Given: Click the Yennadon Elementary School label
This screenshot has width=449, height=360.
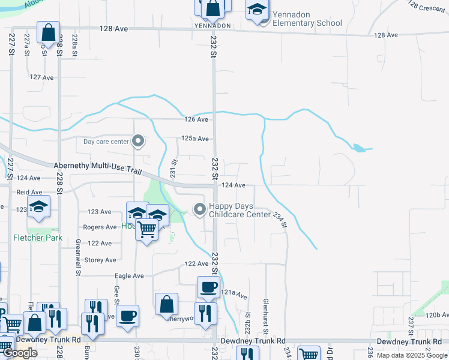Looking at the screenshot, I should coord(307,19).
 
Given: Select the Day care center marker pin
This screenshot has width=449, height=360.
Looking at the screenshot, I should coord(138,142).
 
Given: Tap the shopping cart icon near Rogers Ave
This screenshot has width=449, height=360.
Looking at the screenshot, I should coord(147,229).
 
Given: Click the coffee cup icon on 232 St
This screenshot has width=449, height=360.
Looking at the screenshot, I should coord(208,287).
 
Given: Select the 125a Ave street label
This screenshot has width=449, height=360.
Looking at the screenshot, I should coord(195,139).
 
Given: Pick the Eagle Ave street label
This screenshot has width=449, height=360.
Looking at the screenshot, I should coord(130,276).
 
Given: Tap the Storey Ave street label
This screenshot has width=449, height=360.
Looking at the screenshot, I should coord(101,260).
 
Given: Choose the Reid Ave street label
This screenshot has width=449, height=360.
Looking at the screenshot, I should coord(29,192).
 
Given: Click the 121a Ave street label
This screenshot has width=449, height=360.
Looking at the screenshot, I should coord(234,294).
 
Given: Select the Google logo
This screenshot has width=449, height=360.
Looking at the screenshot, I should coord(20,353).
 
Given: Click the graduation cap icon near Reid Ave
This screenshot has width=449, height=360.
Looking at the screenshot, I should coord(38,208).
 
